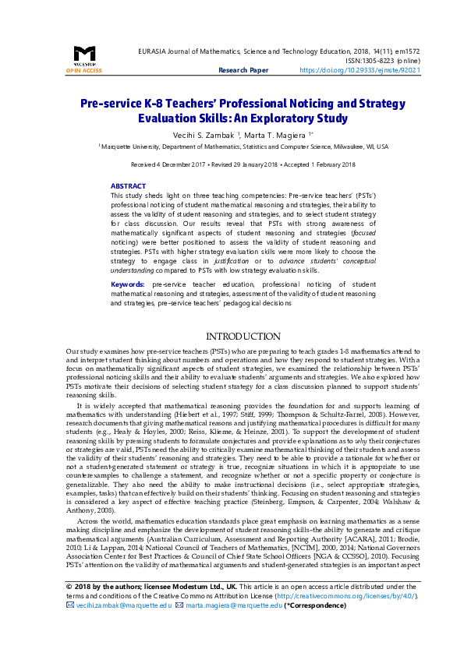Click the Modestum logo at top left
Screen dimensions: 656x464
click(x=83, y=55)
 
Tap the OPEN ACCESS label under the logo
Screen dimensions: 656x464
click(x=83, y=70)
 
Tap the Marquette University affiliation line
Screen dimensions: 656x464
click(x=243, y=146)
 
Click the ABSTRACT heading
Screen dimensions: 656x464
click(x=128, y=186)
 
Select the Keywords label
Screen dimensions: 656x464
click(x=127, y=285)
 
